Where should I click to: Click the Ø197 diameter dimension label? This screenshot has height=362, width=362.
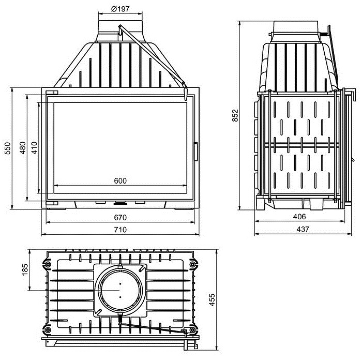(x=120, y=9)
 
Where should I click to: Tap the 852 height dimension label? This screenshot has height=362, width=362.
(x=235, y=115)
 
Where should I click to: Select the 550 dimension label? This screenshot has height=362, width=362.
(x=8, y=148)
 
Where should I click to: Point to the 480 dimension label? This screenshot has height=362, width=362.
(x=23, y=148)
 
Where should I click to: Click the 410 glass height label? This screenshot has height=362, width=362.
(x=34, y=148)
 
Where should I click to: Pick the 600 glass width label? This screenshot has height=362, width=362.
(x=120, y=180)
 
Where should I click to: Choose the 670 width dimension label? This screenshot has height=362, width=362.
(x=120, y=218)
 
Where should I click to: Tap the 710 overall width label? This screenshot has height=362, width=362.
(x=120, y=230)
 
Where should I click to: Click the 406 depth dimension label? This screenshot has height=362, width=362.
(x=299, y=217)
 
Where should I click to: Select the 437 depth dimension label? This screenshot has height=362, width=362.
(x=303, y=229)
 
